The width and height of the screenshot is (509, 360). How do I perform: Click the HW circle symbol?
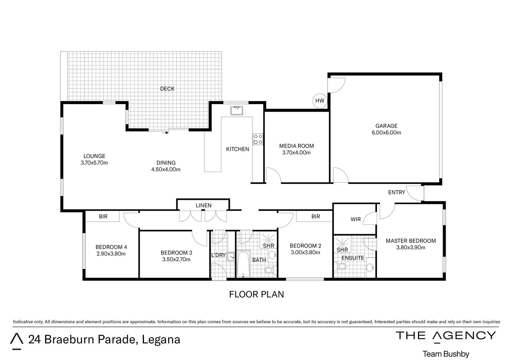tap(320, 101)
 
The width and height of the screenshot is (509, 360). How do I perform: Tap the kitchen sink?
tap(237, 110)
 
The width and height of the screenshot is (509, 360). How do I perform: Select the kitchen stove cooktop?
tap(258, 139)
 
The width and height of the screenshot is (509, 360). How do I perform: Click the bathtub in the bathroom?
tap(243, 264)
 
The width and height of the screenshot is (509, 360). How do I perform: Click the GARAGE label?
tap(386, 126)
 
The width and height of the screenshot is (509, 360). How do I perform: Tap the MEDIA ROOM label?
tap(296, 146)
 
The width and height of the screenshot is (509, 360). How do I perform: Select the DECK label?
tap(167, 89)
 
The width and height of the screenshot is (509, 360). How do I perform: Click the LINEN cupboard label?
tap(204, 205)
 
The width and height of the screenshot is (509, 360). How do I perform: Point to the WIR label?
tap(355, 219)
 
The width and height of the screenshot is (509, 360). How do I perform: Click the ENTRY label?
tap(397, 193)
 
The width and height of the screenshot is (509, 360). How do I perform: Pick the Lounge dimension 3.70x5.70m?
tap(94, 163)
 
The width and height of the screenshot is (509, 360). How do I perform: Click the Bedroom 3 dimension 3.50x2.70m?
tap(176, 259)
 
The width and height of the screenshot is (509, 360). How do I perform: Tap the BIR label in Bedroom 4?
tap(103, 216)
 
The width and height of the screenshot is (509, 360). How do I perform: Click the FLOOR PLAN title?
tap(257, 294)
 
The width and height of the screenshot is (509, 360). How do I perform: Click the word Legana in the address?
tap(161, 340)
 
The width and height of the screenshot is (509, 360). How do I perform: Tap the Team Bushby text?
tap(446, 354)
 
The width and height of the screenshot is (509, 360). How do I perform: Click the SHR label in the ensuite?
tap(342, 250)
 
